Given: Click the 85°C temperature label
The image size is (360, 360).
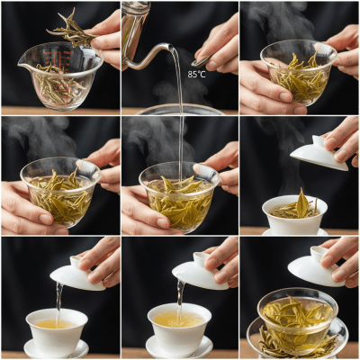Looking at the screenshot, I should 196,74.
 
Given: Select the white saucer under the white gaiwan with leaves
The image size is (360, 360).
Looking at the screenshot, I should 297,231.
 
